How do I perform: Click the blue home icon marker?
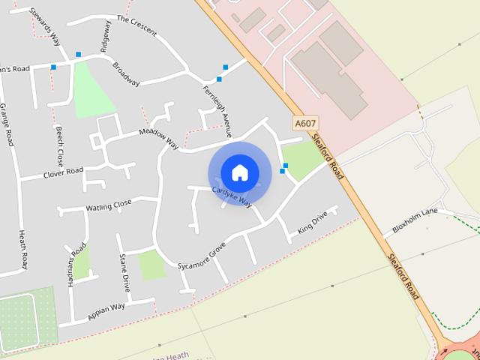pyautogui.click(x=240, y=173)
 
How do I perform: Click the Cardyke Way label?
pyautogui.click(x=232, y=196)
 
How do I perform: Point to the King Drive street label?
pyautogui.click(x=313, y=223)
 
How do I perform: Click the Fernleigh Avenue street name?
pyautogui.click(x=217, y=110)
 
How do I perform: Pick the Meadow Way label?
pyautogui.click(x=159, y=138)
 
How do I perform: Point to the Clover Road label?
pyautogui.click(x=63, y=172)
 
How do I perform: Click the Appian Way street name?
pyautogui.click(x=106, y=311)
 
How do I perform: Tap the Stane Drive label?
pyautogui.click(x=124, y=272)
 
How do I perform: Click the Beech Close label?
pyautogui.click(x=59, y=145)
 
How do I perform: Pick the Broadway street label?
pyautogui.click(x=126, y=74)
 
